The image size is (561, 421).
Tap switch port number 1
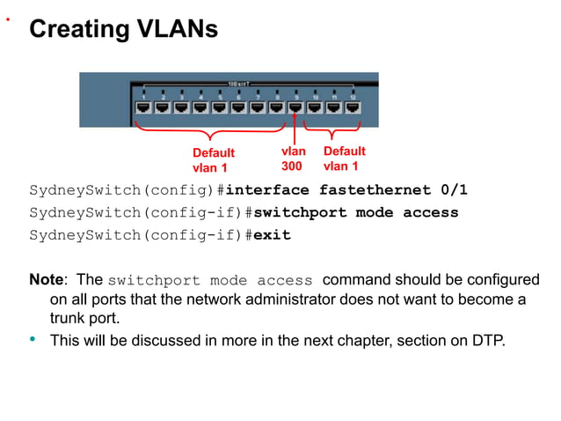(143, 107)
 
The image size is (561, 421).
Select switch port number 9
(296, 107)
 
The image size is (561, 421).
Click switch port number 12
(353, 107)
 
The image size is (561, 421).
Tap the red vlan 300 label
(293, 159)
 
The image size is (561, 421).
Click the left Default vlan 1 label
(213, 160)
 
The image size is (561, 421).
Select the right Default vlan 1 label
(344, 159)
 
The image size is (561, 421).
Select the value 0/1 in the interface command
(455, 190)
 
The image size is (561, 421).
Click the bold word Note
(47, 280)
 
